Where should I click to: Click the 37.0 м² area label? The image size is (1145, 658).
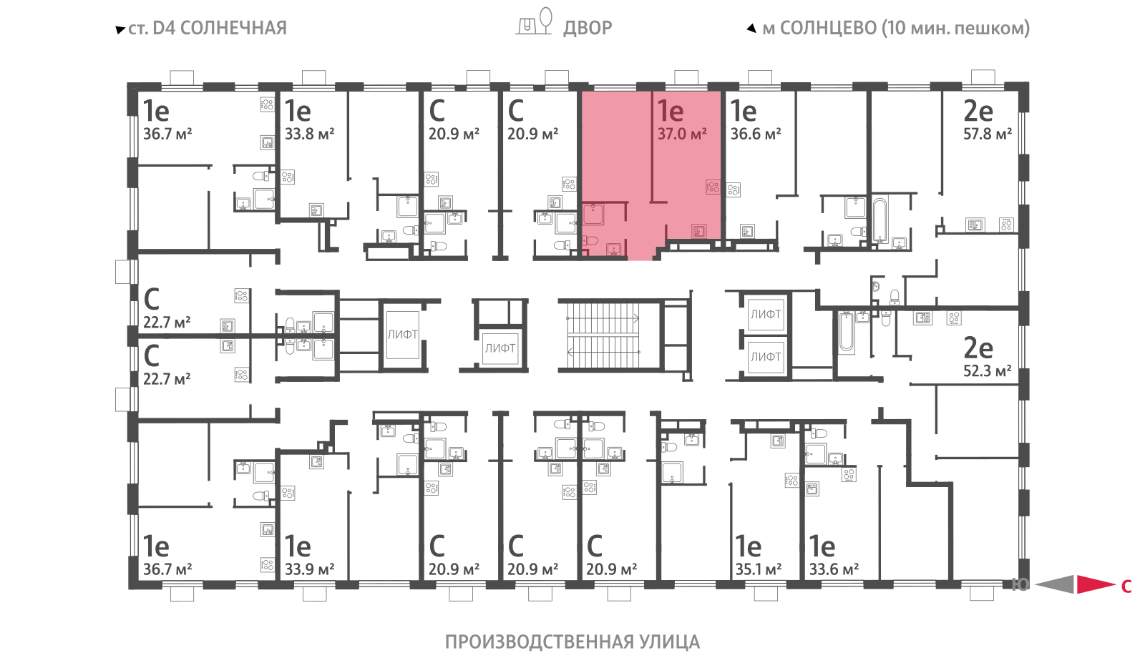point(682,134)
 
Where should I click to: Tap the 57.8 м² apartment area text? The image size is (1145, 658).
point(988,134)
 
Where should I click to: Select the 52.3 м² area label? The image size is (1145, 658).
point(988,370)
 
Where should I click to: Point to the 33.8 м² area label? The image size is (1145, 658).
point(309,134)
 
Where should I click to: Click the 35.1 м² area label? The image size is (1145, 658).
point(759,569)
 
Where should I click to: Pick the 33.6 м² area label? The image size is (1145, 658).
point(834,569)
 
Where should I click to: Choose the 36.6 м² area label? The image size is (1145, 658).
point(756,134)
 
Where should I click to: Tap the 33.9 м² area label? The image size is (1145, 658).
point(309,569)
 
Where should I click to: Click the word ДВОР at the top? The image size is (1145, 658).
point(588,28)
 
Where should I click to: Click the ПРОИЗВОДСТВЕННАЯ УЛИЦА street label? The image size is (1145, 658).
point(572,642)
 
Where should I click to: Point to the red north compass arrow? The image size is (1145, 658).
point(1096,584)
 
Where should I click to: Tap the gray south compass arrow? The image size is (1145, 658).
point(1054,584)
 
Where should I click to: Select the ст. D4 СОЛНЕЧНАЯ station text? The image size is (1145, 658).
point(207,28)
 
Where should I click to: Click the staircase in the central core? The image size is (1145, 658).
point(603,335)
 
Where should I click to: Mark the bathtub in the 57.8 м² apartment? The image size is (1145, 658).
point(880,221)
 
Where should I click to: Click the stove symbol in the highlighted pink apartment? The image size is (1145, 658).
point(713,187)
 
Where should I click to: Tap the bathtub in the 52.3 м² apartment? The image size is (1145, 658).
point(847,332)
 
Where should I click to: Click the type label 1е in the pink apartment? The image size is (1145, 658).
point(670,110)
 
